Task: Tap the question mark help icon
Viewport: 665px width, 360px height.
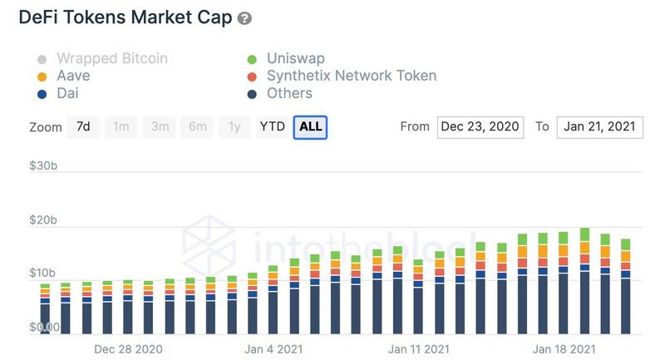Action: click(244, 18)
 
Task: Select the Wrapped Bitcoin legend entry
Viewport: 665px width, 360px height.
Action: click(111, 58)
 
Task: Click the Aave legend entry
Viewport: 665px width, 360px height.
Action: click(73, 76)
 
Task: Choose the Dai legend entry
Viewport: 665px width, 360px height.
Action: click(68, 93)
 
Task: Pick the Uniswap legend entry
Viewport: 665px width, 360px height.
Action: click(295, 58)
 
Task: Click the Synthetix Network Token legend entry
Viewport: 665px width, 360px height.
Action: click(351, 76)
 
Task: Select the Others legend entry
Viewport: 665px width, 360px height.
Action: click(289, 93)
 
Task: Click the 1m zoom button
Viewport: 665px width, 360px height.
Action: click(121, 126)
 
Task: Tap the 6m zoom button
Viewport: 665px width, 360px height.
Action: click(197, 126)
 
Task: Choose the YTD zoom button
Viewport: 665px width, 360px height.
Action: click(272, 126)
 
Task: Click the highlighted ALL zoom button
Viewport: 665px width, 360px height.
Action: click(310, 126)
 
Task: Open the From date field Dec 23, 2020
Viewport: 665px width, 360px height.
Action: click(480, 126)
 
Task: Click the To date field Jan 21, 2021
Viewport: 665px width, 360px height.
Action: click(599, 126)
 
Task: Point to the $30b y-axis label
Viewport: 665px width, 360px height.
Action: click(43, 166)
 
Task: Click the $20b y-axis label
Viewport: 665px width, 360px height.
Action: click(43, 220)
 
